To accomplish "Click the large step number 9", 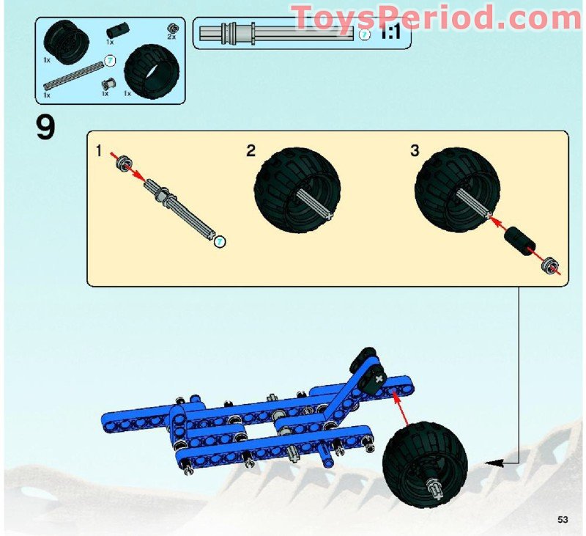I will (x=45, y=128).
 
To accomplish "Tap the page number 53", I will (x=563, y=519).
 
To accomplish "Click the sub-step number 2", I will (x=251, y=152).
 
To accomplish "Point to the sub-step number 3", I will (x=415, y=152).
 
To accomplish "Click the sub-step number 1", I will (x=98, y=152).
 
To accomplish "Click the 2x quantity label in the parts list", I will (x=171, y=37).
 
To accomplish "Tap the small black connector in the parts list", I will (x=116, y=31).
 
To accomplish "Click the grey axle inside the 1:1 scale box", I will (x=278, y=32).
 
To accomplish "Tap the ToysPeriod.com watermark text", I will (x=435, y=16).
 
